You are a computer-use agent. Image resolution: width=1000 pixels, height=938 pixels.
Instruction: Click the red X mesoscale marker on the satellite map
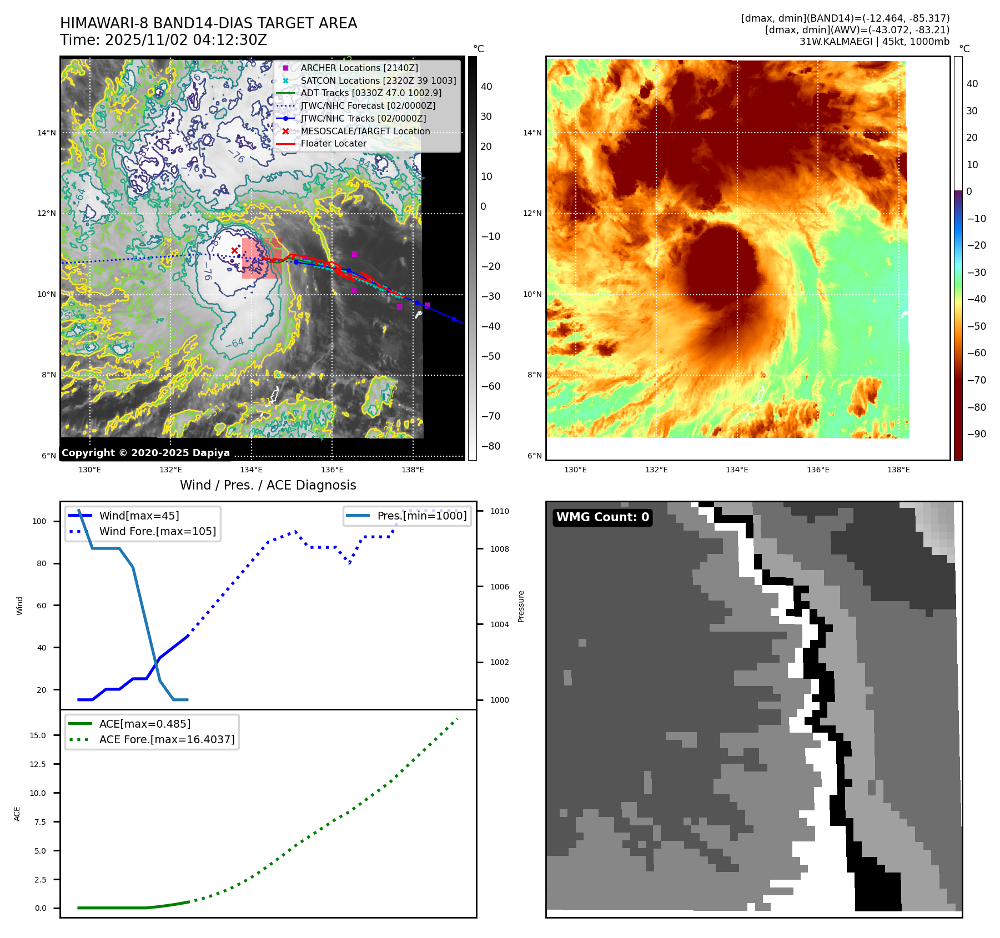point(234,250)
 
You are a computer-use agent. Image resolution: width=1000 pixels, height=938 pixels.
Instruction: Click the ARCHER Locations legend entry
point(359,68)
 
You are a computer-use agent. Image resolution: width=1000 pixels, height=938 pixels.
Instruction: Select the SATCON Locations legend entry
point(378,80)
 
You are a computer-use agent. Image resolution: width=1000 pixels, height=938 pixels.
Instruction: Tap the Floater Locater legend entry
point(333,143)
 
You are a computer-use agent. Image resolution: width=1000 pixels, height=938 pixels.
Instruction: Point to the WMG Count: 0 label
point(602,517)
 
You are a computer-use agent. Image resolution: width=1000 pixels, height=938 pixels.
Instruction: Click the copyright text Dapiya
point(145,452)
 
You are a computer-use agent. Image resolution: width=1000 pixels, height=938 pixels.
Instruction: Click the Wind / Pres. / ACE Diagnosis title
point(268,485)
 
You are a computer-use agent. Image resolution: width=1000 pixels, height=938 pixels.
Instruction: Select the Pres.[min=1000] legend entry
point(421,516)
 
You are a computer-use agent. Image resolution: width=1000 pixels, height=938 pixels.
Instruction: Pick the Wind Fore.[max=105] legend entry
point(157,531)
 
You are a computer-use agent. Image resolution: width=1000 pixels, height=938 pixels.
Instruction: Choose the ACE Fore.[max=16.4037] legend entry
point(167,739)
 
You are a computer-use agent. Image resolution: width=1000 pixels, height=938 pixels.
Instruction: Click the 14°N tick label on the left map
point(47,133)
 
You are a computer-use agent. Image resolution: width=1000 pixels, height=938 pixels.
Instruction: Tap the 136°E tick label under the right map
point(818,470)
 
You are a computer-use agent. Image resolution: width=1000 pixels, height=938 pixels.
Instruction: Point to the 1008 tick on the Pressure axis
point(499,549)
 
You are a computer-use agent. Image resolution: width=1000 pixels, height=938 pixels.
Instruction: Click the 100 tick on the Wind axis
point(39,521)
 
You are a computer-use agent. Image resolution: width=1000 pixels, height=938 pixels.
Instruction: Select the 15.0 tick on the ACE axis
point(38,735)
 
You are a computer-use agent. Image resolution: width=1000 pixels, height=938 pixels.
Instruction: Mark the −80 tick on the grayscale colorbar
point(490,446)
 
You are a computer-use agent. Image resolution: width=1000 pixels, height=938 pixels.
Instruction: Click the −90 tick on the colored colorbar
point(976,434)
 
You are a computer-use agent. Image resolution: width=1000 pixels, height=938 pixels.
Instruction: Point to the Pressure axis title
point(521,606)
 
